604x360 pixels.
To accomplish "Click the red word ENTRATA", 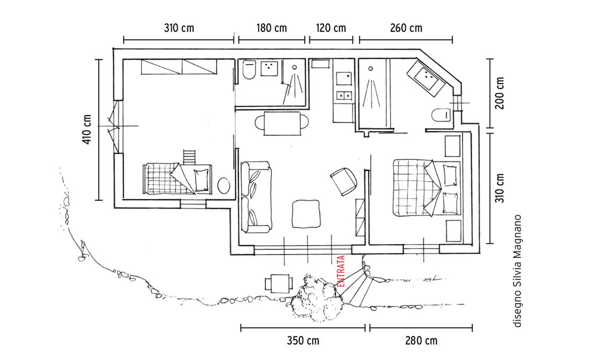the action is coord(341,272).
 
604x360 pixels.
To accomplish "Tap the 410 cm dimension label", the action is coord(87,129).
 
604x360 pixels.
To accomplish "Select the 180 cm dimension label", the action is coord(272,28).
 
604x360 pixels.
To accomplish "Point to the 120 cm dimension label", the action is coord(331,28).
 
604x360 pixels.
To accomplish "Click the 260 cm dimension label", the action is coord(406,28).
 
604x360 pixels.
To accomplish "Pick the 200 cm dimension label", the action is coord(500,93).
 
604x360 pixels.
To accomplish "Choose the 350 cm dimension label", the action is coord(303,341).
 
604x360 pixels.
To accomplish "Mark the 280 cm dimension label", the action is coord(421,341).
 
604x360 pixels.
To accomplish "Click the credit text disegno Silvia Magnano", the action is coord(517,271).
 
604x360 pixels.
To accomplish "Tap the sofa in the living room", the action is coord(256,197).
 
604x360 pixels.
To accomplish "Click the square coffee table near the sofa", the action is coord(306,214).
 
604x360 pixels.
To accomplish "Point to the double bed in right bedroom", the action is coord(427,188).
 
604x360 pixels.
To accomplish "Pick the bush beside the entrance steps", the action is coord(316,298).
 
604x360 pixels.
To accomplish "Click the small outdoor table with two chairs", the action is coord(279,284).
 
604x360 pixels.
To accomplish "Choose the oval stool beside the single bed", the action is coord(224,186).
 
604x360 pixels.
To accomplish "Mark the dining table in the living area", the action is coord(282,123).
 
